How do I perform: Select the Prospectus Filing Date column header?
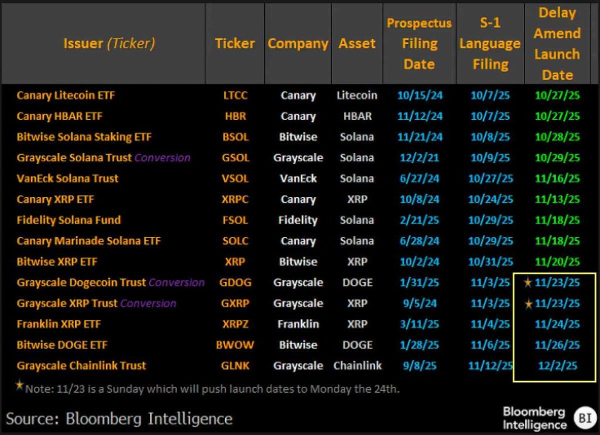(x=419, y=44)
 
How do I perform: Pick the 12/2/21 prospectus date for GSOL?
(x=419, y=158)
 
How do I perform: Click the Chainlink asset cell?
(x=357, y=366)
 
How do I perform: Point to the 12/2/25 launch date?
(x=557, y=366)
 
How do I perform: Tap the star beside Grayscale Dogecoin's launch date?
(x=528, y=283)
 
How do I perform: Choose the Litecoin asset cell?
(x=357, y=95)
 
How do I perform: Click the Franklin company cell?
(x=298, y=324)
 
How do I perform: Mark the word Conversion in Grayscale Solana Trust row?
(x=162, y=158)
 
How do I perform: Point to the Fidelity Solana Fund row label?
(x=69, y=220)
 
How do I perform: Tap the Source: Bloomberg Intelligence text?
(x=119, y=419)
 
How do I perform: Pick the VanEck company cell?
(x=298, y=179)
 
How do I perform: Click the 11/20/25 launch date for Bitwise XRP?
(x=557, y=262)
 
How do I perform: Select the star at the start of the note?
(x=20, y=385)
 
